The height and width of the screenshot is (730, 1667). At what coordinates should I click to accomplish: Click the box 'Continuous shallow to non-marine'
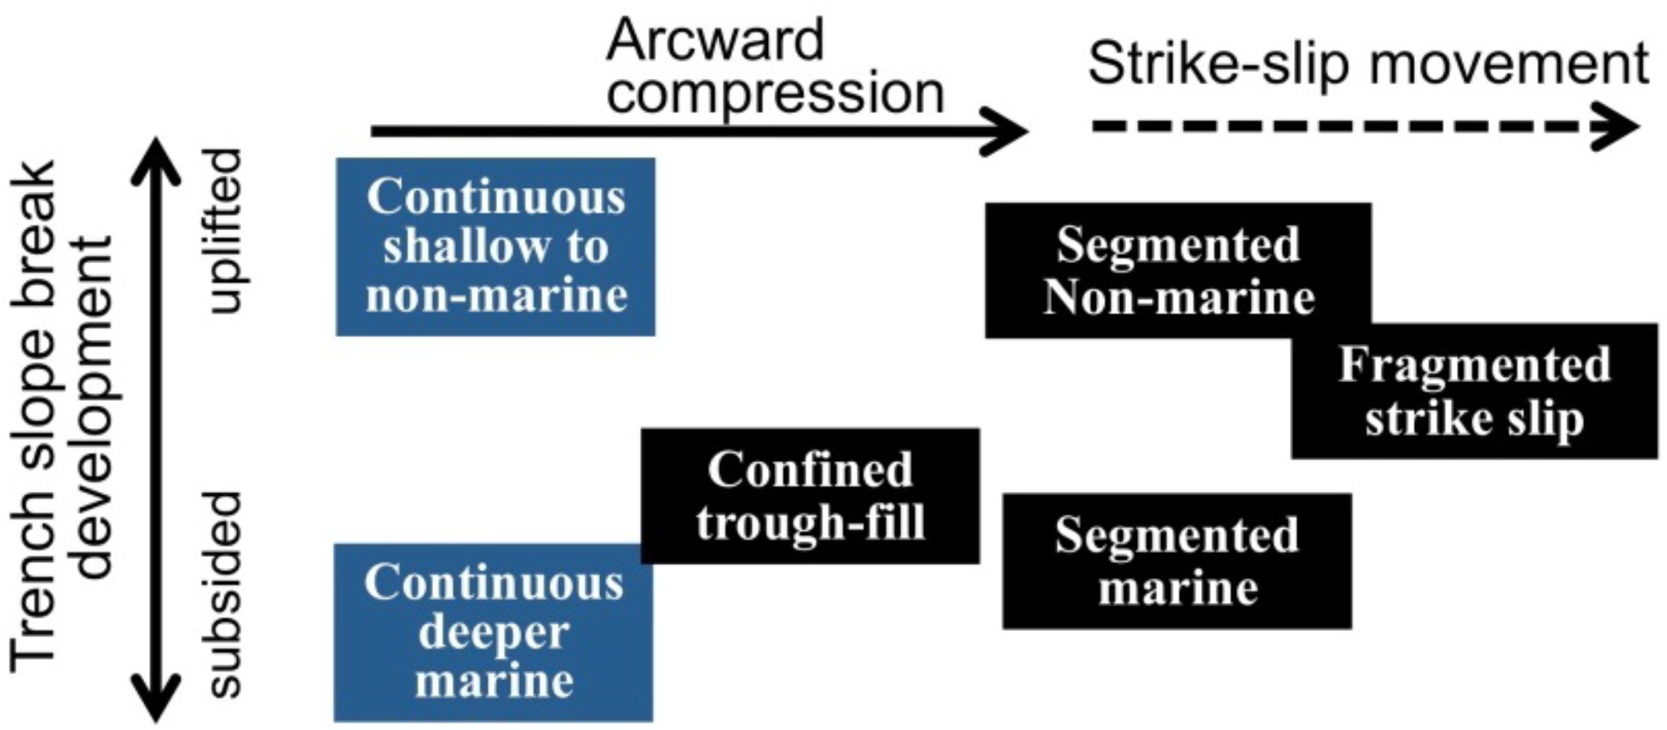coord(496,246)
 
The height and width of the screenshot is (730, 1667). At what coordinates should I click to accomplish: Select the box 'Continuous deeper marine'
coord(493,632)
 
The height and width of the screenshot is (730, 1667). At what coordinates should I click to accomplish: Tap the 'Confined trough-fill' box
coord(810,495)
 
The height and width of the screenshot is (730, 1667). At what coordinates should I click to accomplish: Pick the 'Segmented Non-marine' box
coord(1178,270)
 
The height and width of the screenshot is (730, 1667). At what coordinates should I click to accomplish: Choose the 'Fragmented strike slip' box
coord(1474,392)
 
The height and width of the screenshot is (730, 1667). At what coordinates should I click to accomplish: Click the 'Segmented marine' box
coord(1177,561)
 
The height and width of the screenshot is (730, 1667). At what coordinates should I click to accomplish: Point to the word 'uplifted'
coord(226,231)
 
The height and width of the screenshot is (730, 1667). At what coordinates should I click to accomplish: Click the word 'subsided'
coord(226,594)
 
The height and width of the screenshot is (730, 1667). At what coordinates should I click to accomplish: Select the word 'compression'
coord(775,92)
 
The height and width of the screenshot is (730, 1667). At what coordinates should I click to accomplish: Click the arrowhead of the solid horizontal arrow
coord(1008,131)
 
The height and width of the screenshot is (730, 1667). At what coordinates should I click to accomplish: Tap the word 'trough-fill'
coord(810,521)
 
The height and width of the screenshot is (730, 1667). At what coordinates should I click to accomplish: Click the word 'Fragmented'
coord(1474,364)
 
